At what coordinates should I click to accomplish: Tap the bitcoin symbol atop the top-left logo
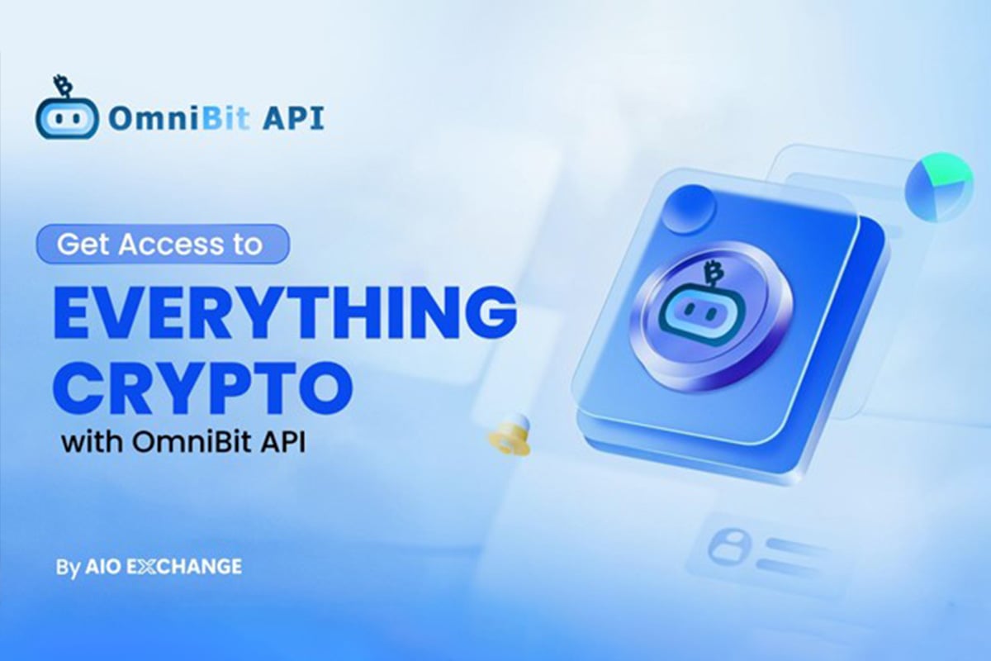61,84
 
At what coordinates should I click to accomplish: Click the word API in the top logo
293,118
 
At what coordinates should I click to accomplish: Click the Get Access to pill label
163,244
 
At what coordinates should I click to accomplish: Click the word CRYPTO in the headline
203,388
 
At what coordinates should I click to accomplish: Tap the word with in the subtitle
92,442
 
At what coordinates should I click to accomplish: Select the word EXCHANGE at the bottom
184,567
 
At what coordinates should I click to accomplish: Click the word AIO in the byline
102,567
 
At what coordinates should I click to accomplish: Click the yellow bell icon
510,435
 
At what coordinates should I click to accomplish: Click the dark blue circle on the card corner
690,209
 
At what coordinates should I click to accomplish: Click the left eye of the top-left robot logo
58,119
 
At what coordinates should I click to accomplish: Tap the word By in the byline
68,568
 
